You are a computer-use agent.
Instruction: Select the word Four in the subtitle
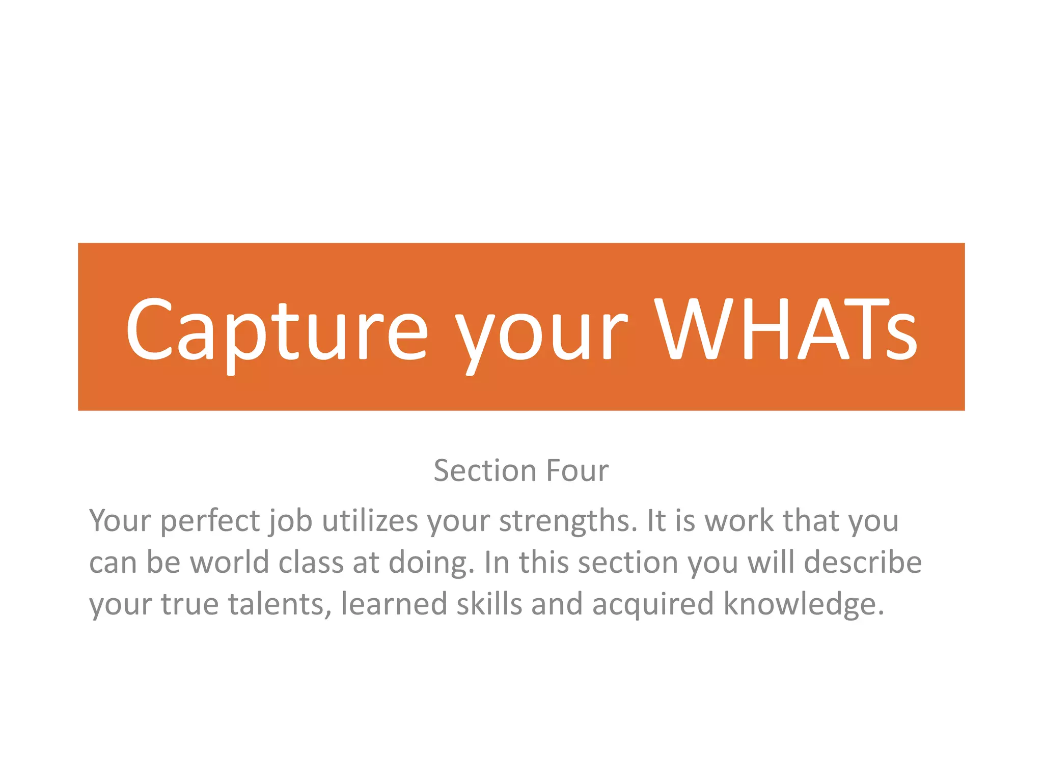577,470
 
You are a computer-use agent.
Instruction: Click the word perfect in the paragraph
210,521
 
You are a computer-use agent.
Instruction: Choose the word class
311,563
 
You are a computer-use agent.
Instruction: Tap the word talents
280,604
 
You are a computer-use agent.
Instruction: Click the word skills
489,604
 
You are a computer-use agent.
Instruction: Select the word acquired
653,604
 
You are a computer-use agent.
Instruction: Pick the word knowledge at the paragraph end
804,604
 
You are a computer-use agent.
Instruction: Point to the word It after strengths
656,521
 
